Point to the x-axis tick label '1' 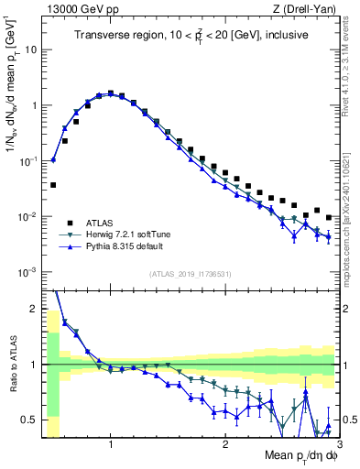(x=111, y=444)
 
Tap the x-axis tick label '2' (x=225, y=444)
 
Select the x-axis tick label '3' (x=338, y=444)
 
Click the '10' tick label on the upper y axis (x=29, y=49)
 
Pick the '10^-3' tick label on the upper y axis (x=27, y=272)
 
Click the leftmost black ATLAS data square (x=53, y=184)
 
